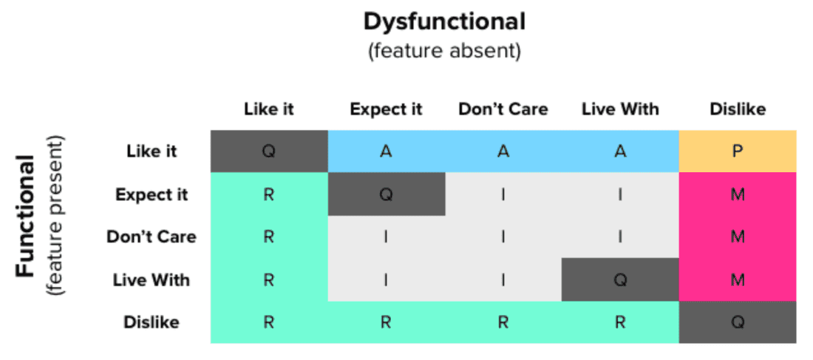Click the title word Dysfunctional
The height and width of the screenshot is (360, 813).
(444, 22)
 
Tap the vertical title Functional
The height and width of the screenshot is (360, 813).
(25, 216)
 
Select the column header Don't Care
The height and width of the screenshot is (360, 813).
(503, 109)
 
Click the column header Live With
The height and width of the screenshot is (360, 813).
(619, 109)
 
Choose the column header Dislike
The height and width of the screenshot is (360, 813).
(737, 109)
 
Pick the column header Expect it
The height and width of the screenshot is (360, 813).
(386, 109)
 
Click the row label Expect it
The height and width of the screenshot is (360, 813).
(152, 194)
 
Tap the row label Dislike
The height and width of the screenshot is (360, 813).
(152, 322)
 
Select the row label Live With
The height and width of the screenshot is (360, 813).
(152, 280)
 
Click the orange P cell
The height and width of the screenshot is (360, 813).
(737, 152)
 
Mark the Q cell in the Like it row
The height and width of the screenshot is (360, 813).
(269, 152)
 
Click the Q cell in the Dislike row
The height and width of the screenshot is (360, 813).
(737, 322)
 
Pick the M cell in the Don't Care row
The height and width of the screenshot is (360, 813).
(737, 237)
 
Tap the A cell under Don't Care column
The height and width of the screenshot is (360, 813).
(503, 152)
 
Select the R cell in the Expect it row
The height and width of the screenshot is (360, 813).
(269, 194)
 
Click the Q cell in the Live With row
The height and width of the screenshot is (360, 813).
(619, 280)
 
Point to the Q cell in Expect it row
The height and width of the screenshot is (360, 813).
(386, 194)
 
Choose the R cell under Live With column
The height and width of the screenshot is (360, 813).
(619, 322)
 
